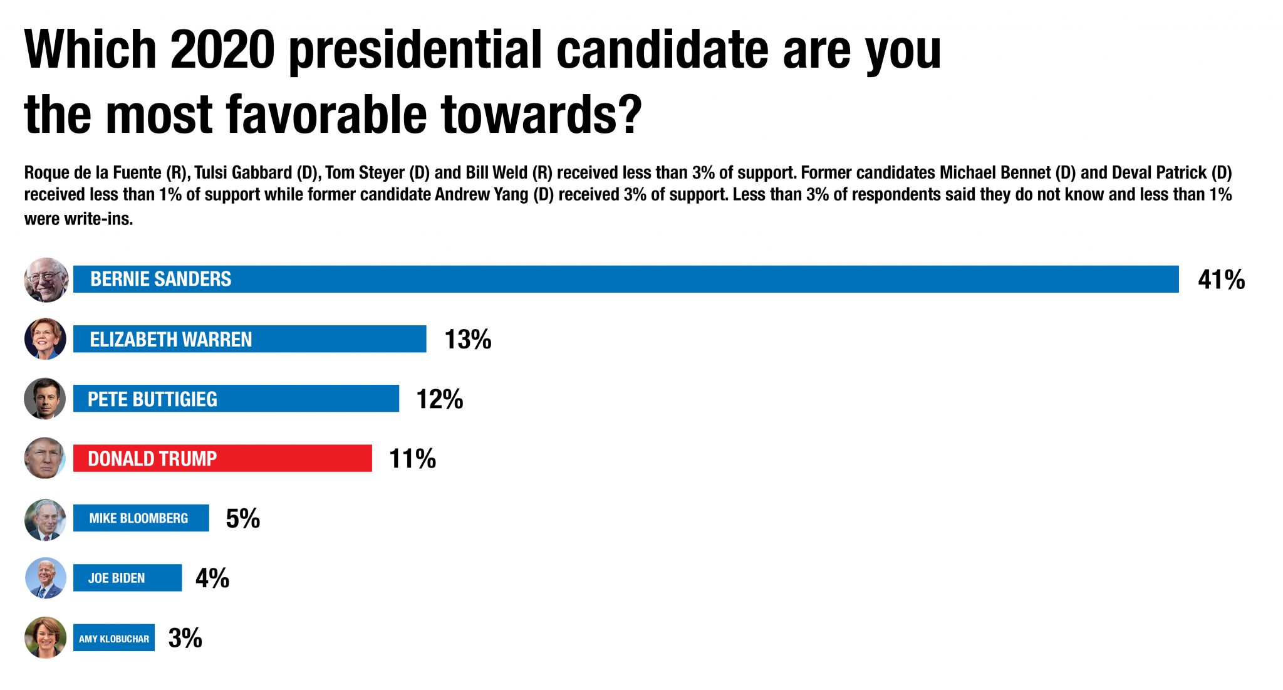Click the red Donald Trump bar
pos(222,458)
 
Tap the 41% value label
pos(1221,280)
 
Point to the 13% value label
pos(467,340)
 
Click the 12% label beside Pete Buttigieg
pos(439,399)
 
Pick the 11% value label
pos(412,459)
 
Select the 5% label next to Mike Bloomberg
pos(242,518)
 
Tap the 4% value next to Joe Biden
pos(212,578)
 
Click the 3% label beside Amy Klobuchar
pos(185,638)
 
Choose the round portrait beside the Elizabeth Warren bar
pos(45,339)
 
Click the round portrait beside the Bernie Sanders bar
pos(46,280)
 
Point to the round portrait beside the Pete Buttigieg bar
pos(44,399)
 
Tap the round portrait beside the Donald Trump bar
pos(44,458)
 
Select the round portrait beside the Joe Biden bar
pos(45,578)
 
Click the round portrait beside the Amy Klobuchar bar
pos(45,637)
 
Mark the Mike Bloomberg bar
pos(141,518)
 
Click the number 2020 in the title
pos(222,50)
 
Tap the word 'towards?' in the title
pos(541,115)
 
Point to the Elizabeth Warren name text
pos(170,340)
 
